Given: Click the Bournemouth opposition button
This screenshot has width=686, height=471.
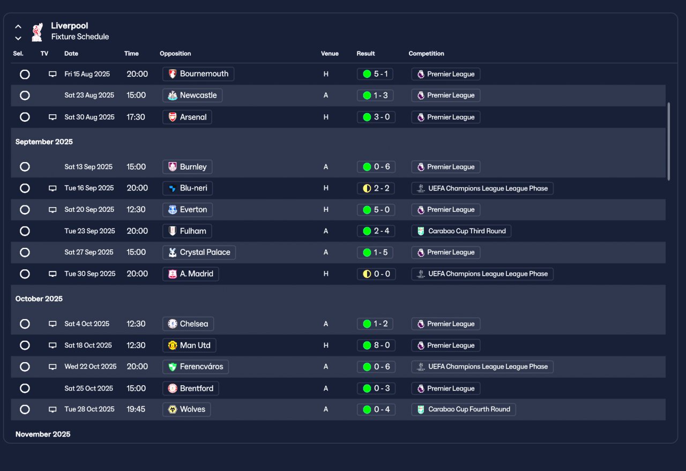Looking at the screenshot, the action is (x=198, y=74).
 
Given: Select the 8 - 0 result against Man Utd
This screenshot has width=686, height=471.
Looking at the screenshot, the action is (x=376, y=345).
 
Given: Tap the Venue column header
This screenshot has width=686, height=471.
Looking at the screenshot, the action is (x=330, y=53).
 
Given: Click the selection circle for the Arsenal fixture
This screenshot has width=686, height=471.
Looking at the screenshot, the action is (x=25, y=117).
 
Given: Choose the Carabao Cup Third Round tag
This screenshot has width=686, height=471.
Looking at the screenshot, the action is (x=461, y=231).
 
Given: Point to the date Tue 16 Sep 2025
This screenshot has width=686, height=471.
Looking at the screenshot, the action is (x=89, y=188).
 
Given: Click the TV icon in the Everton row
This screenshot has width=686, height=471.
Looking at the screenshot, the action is (x=53, y=210).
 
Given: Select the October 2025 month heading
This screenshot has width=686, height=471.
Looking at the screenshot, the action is (x=39, y=299).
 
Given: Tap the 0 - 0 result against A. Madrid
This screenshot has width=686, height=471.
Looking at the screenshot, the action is (x=376, y=274).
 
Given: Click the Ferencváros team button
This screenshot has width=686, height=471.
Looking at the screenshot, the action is (x=196, y=367).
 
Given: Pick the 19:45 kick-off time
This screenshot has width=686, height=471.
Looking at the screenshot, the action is (x=136, y=409).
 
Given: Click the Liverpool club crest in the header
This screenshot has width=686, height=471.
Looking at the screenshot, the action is (x=37, y=32).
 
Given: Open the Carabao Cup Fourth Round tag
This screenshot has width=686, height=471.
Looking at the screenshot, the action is (x=464, y=409).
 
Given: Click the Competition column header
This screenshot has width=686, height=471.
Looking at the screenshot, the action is (x=426, y=53).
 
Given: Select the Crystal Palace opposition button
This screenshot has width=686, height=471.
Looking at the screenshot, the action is (x=199, y=252).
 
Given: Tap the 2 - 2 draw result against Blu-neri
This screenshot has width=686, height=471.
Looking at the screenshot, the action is (x=376, y=188).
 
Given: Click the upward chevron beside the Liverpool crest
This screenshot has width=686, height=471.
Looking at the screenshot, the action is (x=18, y=27).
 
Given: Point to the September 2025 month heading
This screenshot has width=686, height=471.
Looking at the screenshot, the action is (x=44, y=142).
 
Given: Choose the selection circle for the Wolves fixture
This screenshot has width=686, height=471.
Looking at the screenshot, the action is (x=25, y=409).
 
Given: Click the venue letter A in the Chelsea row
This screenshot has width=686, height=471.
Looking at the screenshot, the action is (x=326, y=324).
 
